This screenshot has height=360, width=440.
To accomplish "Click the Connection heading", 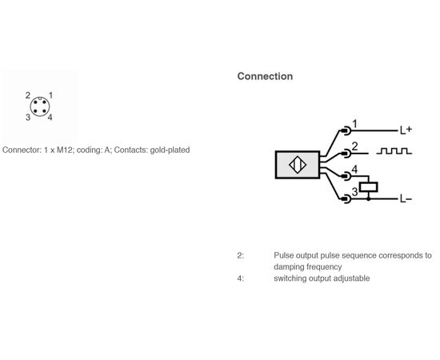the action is click(265, 76).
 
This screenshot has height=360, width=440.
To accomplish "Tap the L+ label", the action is click(406, 130).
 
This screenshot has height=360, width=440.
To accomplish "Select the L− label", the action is click(406, 199).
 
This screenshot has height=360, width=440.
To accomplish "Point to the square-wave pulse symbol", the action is click(394, 150).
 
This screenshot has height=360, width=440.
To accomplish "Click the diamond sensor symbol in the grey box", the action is click(298, 165).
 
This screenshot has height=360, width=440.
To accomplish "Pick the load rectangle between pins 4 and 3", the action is click(369, 187).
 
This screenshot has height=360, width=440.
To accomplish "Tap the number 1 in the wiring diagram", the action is click(355, 124).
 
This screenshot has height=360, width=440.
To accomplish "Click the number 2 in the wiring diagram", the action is click(355, 146).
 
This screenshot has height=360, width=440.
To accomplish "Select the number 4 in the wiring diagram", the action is click(355, 170).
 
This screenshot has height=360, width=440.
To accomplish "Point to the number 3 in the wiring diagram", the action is click(354, 192).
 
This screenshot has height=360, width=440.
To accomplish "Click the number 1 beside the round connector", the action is click(50, 95).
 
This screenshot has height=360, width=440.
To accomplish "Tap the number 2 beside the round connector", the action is click(28, 95).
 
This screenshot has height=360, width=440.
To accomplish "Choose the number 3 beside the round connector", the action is click(28, 118).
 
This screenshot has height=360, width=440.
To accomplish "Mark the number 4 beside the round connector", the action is click(50, 118).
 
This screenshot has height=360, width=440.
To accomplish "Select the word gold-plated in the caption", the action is click(170, 150).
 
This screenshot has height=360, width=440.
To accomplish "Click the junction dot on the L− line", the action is click(369, 199).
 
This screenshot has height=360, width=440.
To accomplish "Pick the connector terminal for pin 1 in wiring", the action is click(346, 130).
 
